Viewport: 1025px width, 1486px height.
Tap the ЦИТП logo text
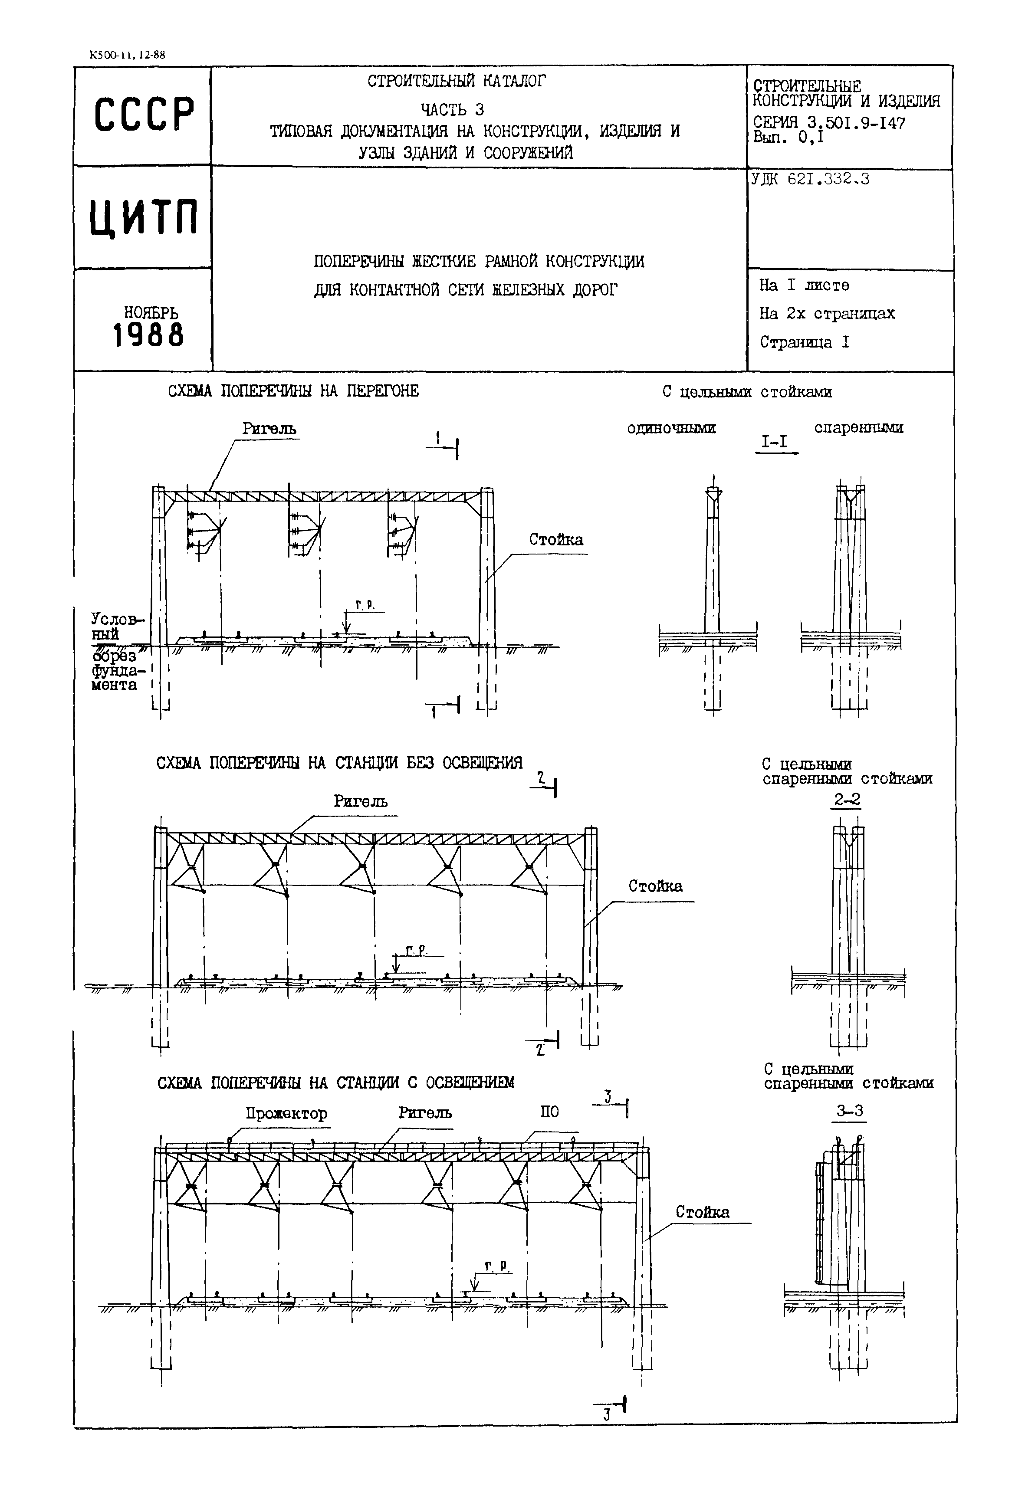coord(143,218)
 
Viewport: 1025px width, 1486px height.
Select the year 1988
coord(148,335)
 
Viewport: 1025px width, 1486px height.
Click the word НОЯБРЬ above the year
coord(151,313)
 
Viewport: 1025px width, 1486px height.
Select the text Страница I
coord(804,342)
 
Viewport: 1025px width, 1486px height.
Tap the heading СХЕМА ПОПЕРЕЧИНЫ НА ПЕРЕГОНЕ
coord(293,391)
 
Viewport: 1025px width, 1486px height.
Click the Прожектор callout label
coord(286,1113)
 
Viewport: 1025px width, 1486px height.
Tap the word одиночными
coord(671,428)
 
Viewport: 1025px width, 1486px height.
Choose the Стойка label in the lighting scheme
coord(702,1212)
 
